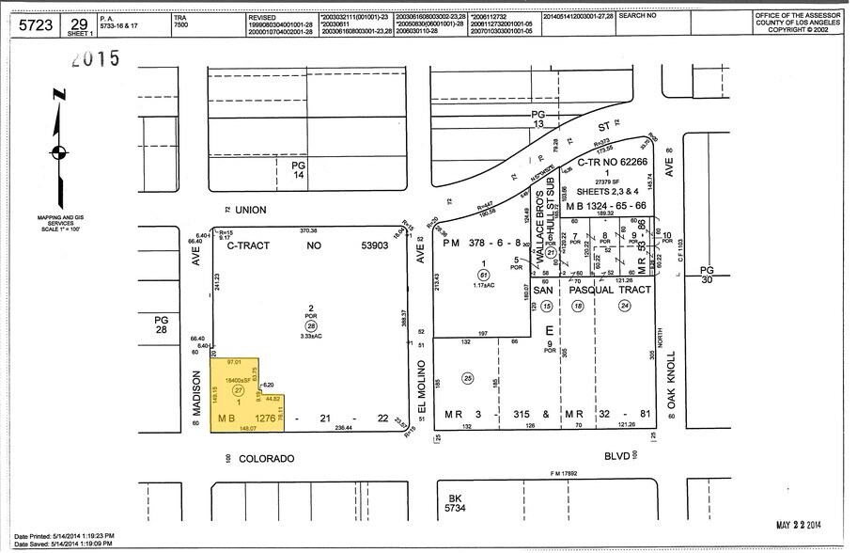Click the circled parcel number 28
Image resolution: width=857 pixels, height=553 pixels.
click(x=311, y=324)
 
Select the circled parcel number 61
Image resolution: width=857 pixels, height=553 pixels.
click(x=482, y=275)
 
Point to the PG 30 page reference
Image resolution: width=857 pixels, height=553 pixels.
click(x=707, y=275)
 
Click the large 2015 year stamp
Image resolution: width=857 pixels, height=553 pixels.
click(x=91, y=59)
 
